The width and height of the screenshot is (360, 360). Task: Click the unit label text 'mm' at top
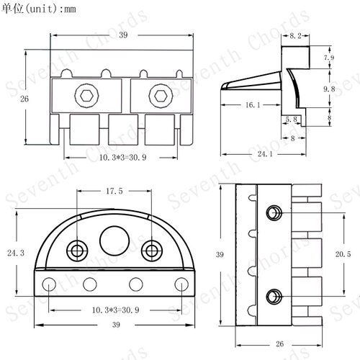[69, 9]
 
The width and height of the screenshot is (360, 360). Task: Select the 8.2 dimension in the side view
[295, 36]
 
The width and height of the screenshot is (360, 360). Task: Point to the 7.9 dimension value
[329, 58]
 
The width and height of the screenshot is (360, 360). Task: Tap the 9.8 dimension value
[329, 89]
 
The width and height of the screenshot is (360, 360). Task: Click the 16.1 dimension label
[253, 105]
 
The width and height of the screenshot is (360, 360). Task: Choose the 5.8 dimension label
[291, 120]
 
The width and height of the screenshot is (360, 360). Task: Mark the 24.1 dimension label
[265, 153]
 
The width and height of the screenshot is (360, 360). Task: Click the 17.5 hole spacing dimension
[114, 191]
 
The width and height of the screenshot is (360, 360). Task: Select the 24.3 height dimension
[16, 253]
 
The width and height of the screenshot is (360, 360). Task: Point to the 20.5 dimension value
[343, 254]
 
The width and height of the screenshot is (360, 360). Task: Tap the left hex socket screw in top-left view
[86, 96]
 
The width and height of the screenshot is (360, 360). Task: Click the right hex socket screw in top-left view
[161, 96]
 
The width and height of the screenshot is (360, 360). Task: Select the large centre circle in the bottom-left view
[114, 241]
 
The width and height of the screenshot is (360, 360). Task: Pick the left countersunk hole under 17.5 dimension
[77, 251]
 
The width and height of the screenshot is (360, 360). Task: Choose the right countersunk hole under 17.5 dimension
[152, 251]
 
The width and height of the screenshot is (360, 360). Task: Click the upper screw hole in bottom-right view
[274, 212]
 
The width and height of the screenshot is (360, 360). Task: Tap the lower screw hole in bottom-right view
[274, 297]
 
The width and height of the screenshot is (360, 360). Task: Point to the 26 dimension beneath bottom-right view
[279, 344]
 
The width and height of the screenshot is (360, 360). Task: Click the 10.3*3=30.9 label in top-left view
[122, 158]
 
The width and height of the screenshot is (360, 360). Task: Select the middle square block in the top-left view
[123, 130]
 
